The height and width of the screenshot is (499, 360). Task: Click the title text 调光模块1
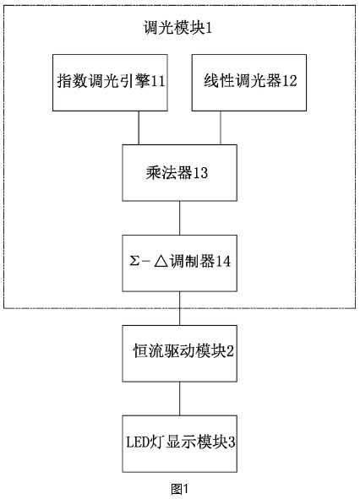[177, 28]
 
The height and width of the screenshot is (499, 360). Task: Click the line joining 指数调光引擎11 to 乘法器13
[139, 128]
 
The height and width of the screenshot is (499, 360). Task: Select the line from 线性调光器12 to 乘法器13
[221, 128]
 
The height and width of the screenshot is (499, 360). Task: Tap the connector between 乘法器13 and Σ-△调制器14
[179, 218]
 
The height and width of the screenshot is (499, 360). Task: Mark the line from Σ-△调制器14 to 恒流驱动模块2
[179, 308]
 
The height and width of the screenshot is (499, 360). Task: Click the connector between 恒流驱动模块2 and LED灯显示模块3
[179, 399]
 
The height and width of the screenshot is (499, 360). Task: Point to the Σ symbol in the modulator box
[134, 262]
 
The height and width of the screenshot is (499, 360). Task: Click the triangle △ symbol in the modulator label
[161, 262]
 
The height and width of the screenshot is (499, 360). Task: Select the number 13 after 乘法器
[201, 173]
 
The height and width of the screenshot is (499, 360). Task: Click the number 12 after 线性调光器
[290, 81]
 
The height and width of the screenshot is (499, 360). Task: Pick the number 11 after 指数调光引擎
[158, 81]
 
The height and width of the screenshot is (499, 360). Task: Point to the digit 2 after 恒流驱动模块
[230, 351]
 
